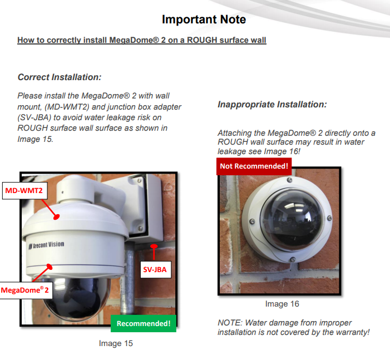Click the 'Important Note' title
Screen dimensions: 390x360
(204, 19)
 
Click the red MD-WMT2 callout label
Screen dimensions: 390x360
(24, 191)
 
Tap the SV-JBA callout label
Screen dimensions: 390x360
(155, 269)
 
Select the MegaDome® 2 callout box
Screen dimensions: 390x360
(25, 290)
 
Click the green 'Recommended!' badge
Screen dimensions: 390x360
(144, 323)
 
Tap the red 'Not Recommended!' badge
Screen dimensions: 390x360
(254, 166)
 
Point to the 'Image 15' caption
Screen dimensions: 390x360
(116, 343)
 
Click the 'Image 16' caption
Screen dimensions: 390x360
(282, 304)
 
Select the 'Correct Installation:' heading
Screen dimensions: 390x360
(60, 77)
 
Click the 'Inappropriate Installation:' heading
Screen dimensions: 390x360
(272, 105)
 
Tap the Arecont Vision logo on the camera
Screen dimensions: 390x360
(46, 245)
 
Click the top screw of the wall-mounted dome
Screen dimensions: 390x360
(289, 180)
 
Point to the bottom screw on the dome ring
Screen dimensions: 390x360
(293, 259)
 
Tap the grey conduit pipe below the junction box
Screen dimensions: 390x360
(129, 279)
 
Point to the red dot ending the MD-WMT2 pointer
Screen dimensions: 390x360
(57, 217)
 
